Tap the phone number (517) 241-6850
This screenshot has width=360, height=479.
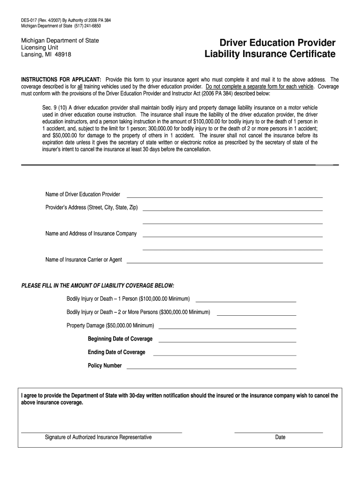(x=87, y=26)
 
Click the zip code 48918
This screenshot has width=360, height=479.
(x=63, y=54)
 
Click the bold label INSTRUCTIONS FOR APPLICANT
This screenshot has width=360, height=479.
(x=61, y=80)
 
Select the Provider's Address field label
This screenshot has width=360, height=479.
(x=91, y=207)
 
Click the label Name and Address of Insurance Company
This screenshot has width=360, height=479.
(x=91, y=233)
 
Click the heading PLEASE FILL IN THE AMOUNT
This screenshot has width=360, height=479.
(x=98, y=285)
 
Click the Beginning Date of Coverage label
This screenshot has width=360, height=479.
(x=120, y=339)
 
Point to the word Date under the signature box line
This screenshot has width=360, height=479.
(x=280, y=438)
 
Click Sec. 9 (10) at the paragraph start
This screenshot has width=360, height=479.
(x=55, y=107)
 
